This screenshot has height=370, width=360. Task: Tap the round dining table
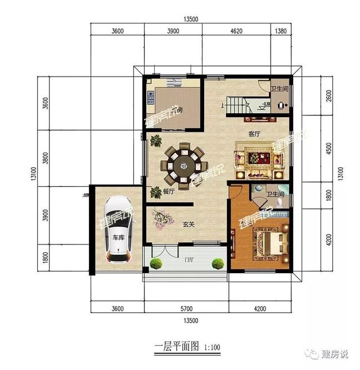183,165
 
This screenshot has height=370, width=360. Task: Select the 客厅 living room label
254,134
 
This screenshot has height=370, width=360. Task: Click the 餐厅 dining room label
169,192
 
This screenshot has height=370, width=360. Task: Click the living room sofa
260,158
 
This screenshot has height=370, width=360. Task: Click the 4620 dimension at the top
236,32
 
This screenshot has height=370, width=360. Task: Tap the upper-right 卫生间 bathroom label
278,88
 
